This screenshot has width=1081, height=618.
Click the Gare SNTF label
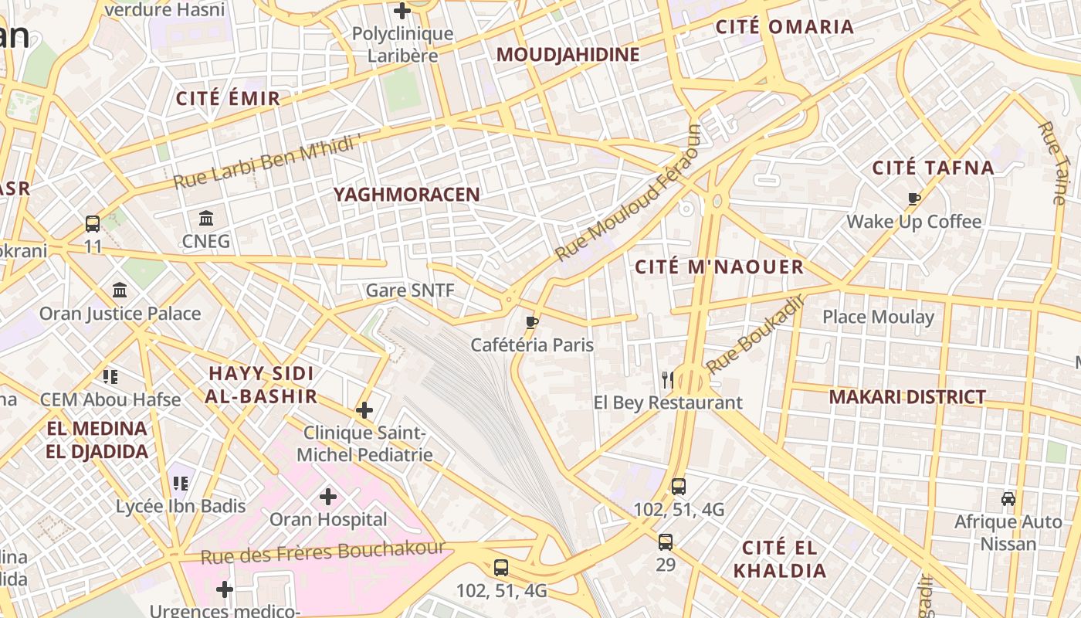pyautogui.click(x=410, y=290)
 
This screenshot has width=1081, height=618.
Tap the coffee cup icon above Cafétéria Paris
pyautogui.click(x=531, y=322)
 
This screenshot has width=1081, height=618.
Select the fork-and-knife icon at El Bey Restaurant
pyautogui.click(x=668, y=379)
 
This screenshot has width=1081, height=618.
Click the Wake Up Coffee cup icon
pyautogui.click(x=914, y=199)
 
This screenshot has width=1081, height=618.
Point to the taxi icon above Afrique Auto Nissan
pyautogui.click(x=1008, y=498)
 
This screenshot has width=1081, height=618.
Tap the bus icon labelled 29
pyautogui.click(x=666, y=542)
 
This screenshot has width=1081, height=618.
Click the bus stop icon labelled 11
pyautogui.click(x=93, y=224)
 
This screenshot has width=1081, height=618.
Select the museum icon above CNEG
pyautogui.click(x=206, y=218)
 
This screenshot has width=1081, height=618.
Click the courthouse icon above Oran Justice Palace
pyautogui.click(x=120, y=290)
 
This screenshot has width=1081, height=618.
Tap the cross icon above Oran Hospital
pyautogui.click(x=328, y=496)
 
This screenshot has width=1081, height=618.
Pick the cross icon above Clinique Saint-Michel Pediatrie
pyautogui.click(x=364, y=410)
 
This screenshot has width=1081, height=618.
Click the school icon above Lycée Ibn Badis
pyautogui.click(x=181, y=484)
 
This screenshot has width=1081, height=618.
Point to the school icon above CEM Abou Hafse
pyautogui.click(x=110, y=377)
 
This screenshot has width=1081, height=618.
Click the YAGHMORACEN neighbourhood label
pyautogui.click(x=407, y=195)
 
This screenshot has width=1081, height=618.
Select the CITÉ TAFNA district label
pyautogui.click(x=933, y=168)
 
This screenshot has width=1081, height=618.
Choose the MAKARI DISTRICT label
pyautogui.click(x=907, y=397)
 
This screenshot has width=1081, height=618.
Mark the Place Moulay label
pyautogui.click(x=878, y=317)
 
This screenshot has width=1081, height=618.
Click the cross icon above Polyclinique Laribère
pyautogui.click(x=402, y=11)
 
